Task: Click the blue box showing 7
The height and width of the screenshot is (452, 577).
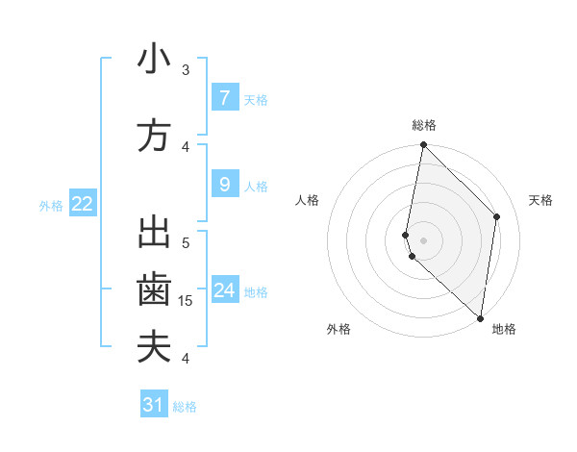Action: tap(224, 97)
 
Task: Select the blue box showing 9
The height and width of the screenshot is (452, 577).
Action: tap(224, 184)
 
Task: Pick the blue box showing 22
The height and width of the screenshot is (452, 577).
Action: tap(83, 203)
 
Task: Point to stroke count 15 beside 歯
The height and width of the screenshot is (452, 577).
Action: tap(187, 301)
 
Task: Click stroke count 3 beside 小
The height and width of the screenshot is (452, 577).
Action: tap(186, 70)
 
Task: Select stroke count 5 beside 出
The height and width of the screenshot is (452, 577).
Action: tap(186, 242)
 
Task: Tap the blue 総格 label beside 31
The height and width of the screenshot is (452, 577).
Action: tap(185, 407)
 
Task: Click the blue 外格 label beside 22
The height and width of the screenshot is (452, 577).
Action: tap(51, 205)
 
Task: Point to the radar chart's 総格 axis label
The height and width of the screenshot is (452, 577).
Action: tap(423, 125)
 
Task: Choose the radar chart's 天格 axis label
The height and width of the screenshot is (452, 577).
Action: tap(540, 200)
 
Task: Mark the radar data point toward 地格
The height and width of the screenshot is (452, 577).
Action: tap(481, 318)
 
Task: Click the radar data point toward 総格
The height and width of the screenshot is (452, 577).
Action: tap(423, 145)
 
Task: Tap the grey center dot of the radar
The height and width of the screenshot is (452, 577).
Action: tap(423, 239)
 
